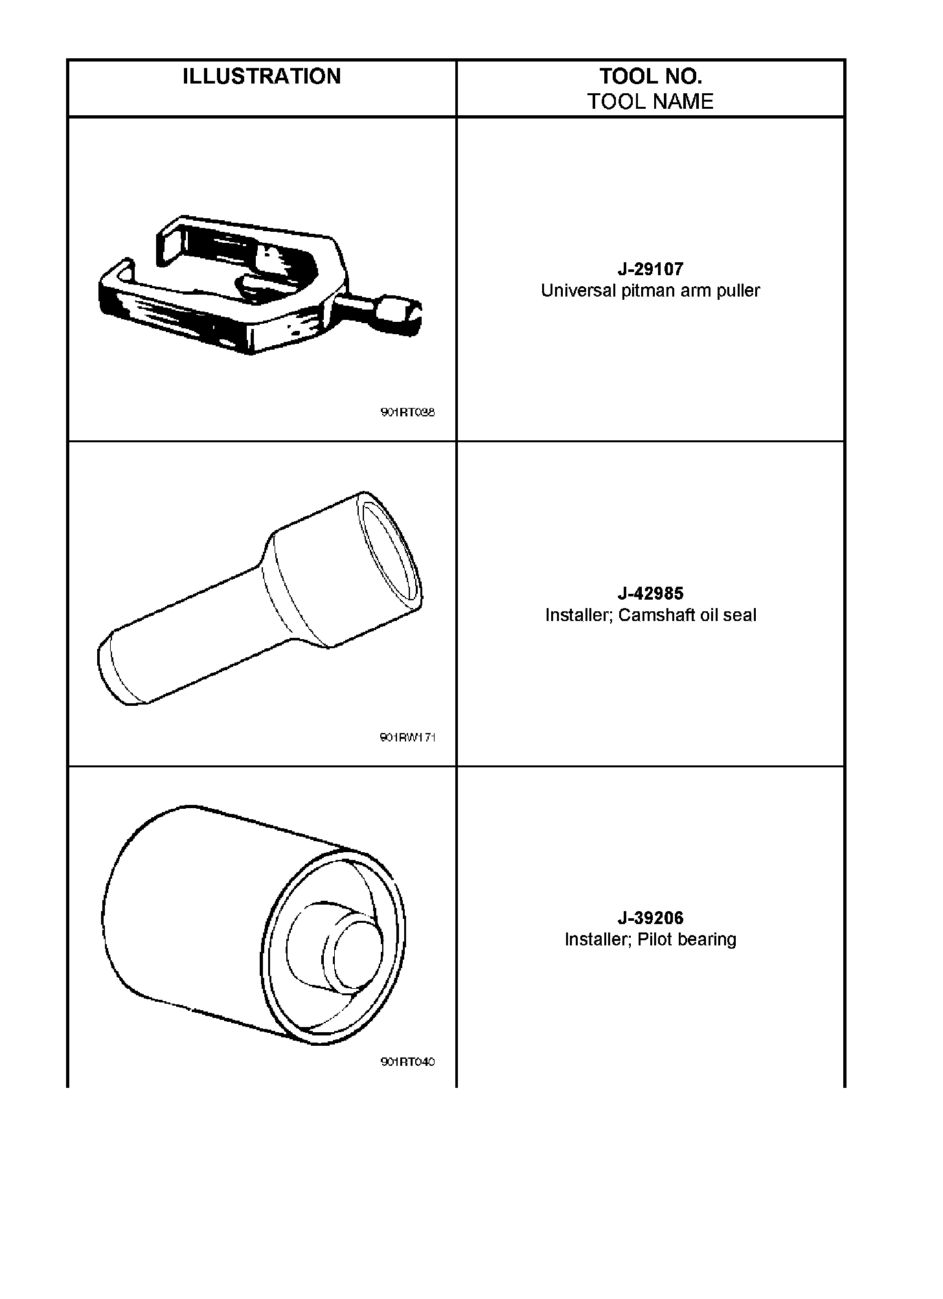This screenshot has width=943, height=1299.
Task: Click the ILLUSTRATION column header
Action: pyautogui.click(x=262, y=76)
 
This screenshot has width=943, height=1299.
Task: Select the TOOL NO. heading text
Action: pyautogui.click(x=650, y=76)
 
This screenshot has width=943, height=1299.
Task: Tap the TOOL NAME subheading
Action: pyautogui.click(x=650, y=102)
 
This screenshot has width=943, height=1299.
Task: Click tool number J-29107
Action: pyautogui.click(x=650, y=269)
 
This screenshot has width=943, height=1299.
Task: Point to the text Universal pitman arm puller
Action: pyautogui.click(x=650, y=291)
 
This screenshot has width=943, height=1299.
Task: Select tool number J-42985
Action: pyautogui.click(x=650, y=593)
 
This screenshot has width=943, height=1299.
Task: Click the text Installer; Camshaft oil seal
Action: pyautogui.click(x=650, y=615)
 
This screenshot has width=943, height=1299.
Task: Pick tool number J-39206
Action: pyautogui.click(x=650, y=918)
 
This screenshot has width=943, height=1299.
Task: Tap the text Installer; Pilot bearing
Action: pyautogui.click(x=650, y=940)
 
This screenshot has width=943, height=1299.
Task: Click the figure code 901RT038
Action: pyautogui.click(x=407, y=412)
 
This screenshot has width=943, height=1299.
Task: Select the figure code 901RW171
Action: pyautogui.click(x=407, y=737)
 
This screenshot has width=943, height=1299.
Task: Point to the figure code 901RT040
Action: pyautogui.click(x=407, y=1062)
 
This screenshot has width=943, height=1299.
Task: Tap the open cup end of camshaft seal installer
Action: pyautogui.click(x=387, y=552)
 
